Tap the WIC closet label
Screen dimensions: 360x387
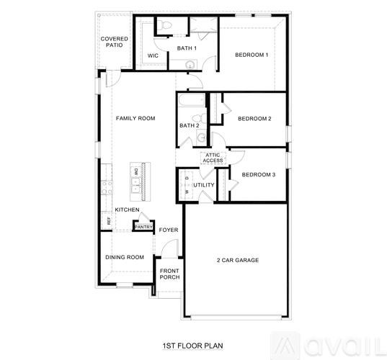click(x=153, y=55)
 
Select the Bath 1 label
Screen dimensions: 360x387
click(x=187, y=48)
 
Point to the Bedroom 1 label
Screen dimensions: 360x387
click(x=252, y=55)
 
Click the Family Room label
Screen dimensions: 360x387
click(x=136, y=118)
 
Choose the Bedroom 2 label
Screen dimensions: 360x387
click(x=254, y=119)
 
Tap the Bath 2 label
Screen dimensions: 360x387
click(x=190, y=125)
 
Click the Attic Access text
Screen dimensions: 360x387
click(x=213, y=158)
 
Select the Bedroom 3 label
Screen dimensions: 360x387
click(x=258, y=175)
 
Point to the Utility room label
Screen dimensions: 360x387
click(x=204, y=185)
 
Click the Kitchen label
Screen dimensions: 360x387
click(x=127, y=210)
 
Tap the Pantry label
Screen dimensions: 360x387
click(x=143, y=226)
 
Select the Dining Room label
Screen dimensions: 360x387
click(x=125, y=257)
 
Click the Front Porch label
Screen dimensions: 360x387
click(x=169, y=274)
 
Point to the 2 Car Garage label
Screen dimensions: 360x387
click(x=238, y=260)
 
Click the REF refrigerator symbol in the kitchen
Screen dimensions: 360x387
click(x=110, y=221)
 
